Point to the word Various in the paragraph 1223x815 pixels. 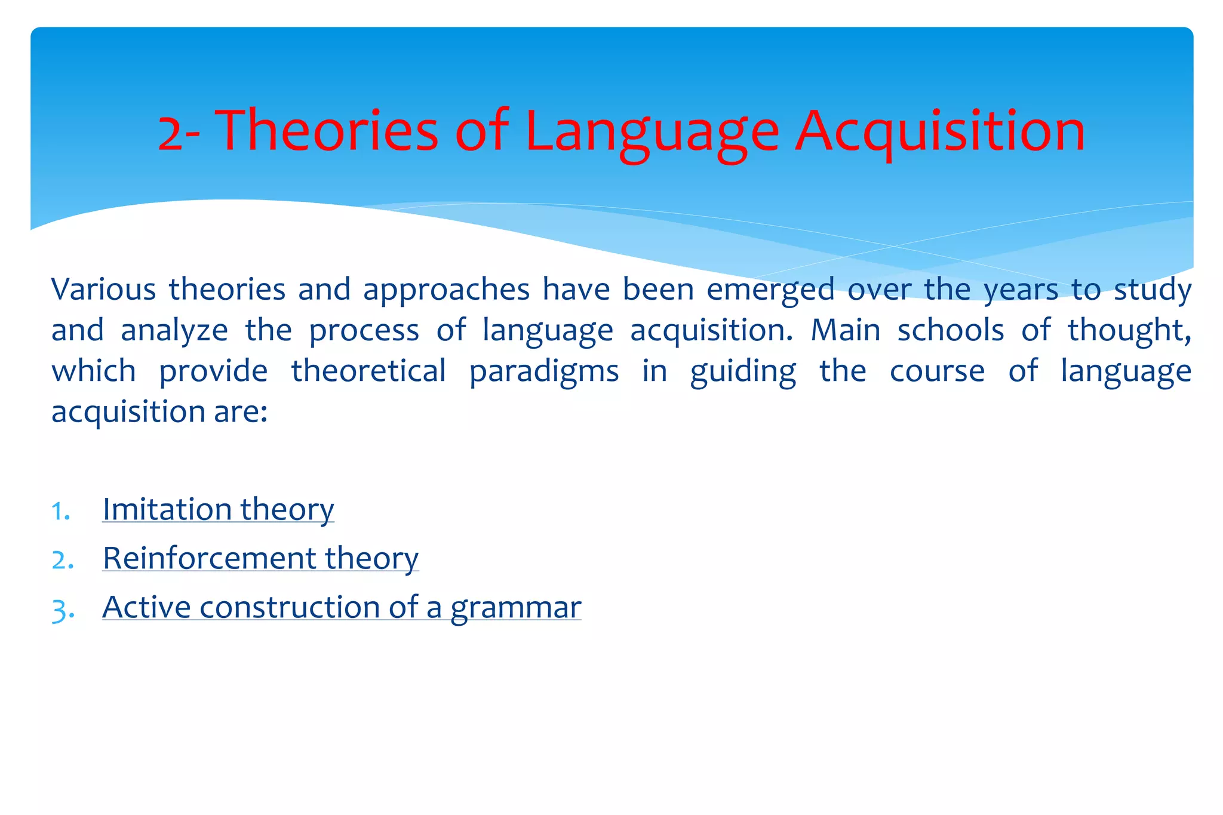click(x=103, y=290)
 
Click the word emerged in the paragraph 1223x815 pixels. click(x=770, y=290)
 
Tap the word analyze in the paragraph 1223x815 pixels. click(x=174, y=330)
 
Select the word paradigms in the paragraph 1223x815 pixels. click(x=543, y=371)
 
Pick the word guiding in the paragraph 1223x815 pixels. click(x=742, y=371)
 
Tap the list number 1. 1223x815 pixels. click(x=60, y=511)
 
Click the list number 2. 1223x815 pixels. click(x=62, y=560)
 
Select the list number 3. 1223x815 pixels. click(x=62, y=610)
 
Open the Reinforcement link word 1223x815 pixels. click(x=209, y=558)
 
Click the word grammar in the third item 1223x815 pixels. click(x=515, y=608)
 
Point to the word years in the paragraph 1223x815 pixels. click(x=1020, y=290)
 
